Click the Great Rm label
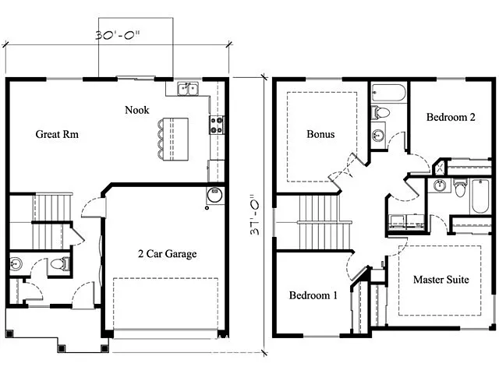58,134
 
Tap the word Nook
137,110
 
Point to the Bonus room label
320,134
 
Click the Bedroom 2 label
451,118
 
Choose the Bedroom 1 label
313,295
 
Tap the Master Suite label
441,279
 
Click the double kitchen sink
187,89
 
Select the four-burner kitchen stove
216,125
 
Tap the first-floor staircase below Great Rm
52,209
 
